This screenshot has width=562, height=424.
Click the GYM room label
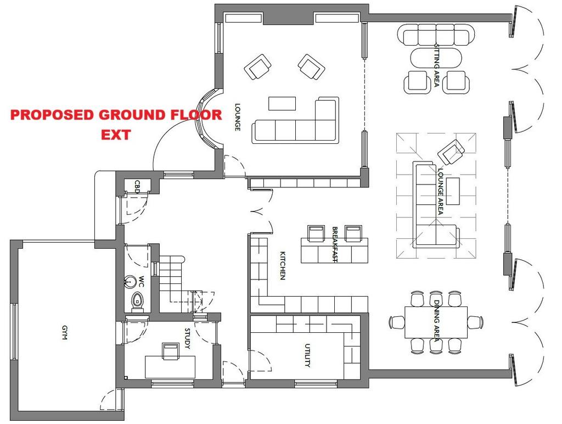click(x=65, y=332)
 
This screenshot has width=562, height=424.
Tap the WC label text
click(x=141, y=281)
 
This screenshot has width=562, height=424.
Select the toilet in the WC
click(x=137, y=302)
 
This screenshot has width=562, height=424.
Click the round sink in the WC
click(x=130, y=282)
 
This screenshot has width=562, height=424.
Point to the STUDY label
click(x=188, y=338)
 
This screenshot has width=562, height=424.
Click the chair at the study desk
click(x=171, y=351)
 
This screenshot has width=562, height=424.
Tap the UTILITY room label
click(x=307, y=355)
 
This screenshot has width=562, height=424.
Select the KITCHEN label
click(x=283, y=265)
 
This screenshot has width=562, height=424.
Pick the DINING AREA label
click(x=436, y=321)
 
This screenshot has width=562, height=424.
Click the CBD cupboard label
click(x=137, y=187)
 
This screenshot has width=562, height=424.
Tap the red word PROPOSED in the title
click(x=52, y=115)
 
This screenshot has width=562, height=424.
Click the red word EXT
click(x=116, y=135)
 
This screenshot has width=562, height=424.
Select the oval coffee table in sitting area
click(x=436, y=58)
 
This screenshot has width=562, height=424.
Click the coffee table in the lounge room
click(x=282, y=103)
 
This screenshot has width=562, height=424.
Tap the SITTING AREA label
click(x=436, y=65)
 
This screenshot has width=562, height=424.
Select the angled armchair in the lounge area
click(x=451, y=152)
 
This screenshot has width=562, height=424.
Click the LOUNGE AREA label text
click(x=440, y=192)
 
